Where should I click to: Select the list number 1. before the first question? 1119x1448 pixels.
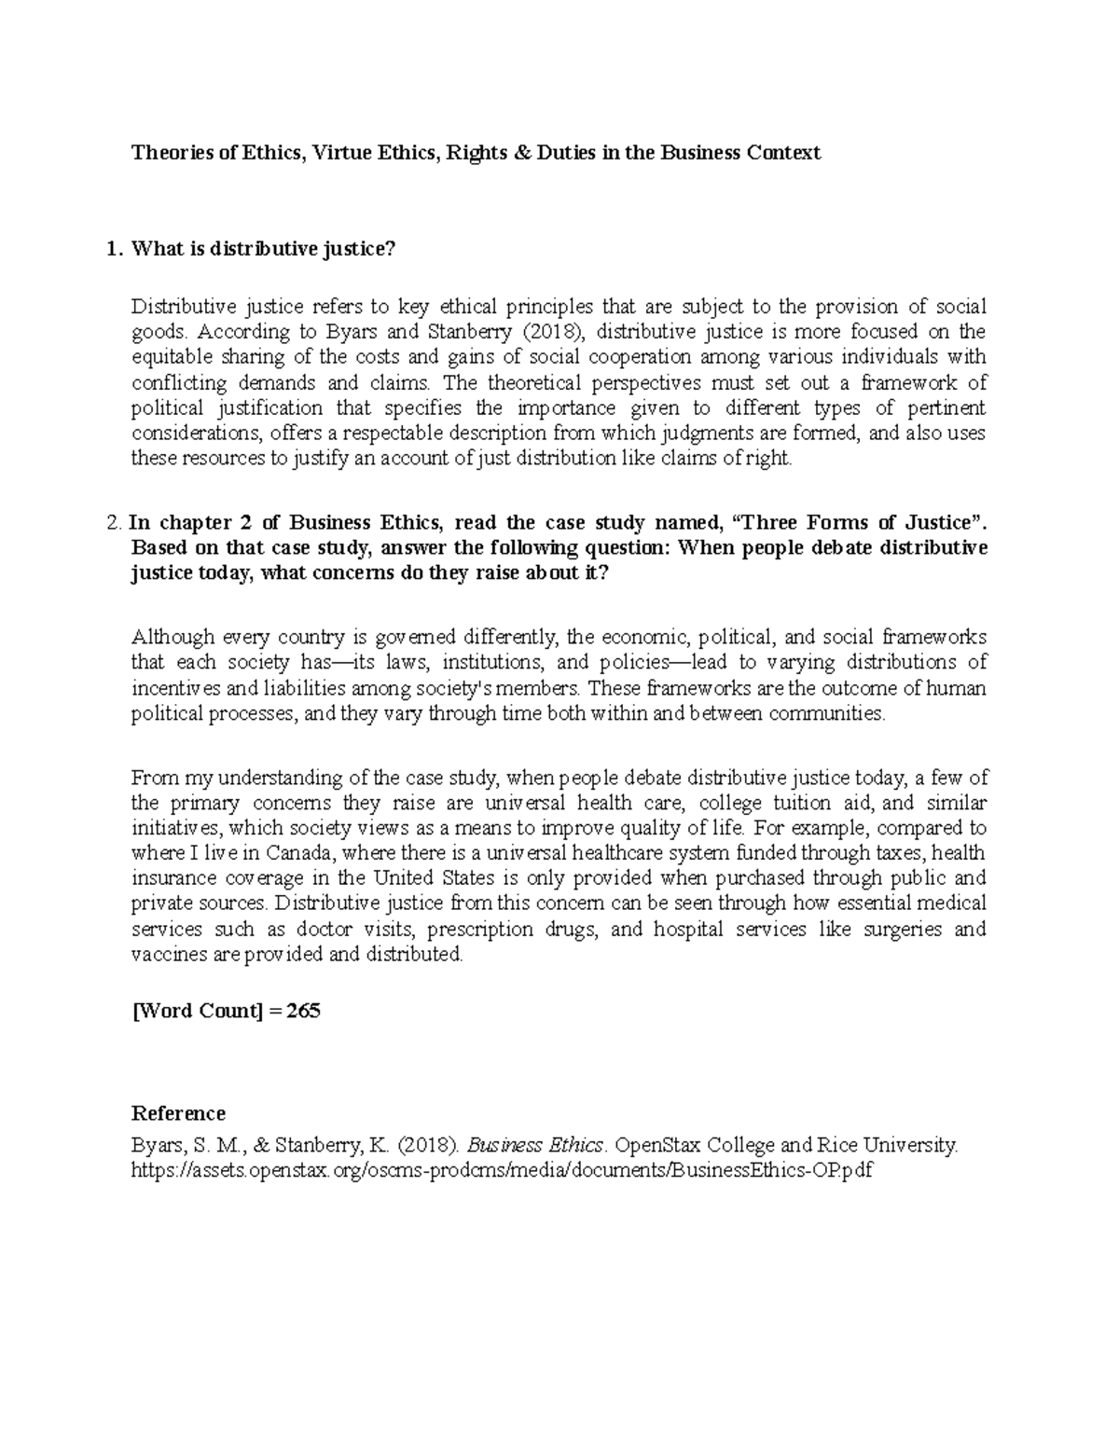click(x=113, y=249)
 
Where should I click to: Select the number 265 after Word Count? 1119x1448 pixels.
click(x=304, y=1011)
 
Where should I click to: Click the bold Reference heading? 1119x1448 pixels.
click(x=178, y=1113)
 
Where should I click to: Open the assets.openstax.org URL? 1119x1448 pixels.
click(x=502, y=1170)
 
